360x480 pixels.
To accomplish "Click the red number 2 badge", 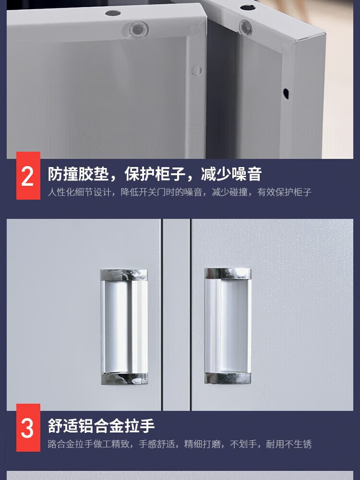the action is click(x=28, y=176).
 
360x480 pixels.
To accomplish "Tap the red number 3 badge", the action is click(x=28, y=427).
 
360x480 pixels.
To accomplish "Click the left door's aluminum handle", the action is click(x=124, y=327).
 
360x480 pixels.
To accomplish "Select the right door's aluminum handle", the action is click(x=228, y=326).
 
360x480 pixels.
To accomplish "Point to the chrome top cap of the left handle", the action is click(x=124, y=275).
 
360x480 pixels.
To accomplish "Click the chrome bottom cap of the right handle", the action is click(x=228, y=378).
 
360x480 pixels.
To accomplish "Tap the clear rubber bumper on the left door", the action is click(x=136, y=29).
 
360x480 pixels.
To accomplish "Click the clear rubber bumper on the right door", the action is click(x=245, y=27).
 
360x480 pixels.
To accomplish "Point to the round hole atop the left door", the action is click(x=113, y=13).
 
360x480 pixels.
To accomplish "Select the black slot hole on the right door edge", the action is click(x=286, y=94).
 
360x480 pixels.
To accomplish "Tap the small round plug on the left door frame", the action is click(x=196, y=71).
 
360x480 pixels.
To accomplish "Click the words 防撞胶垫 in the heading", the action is click(x=78, y=174).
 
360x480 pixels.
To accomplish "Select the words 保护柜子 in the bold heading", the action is click(x=155, y=174).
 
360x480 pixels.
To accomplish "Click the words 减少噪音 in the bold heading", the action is click(x=231, y=174).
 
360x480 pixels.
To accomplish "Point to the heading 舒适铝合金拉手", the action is click(x=101, y=426).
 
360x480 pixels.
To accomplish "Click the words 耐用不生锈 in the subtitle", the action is click(x=288, y=444).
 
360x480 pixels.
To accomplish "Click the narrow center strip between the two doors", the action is click(x=176, y=315).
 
